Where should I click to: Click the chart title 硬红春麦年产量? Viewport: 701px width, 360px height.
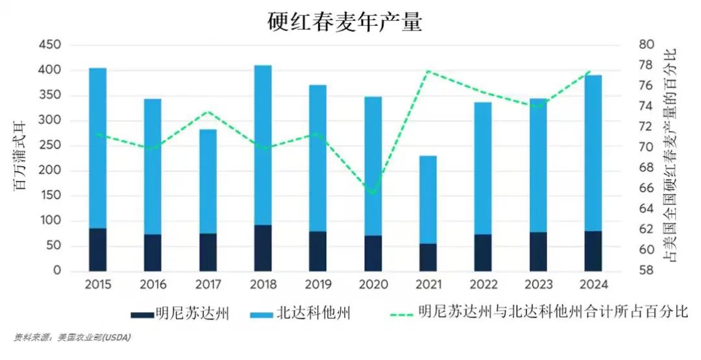pos(345,21)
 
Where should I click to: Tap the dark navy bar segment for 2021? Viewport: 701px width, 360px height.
pos(428,257)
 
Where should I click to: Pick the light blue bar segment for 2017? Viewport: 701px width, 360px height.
pos(208,181)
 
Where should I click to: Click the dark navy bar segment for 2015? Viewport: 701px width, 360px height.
pos(97,249)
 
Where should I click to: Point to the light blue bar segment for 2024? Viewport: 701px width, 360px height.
pos(593,152)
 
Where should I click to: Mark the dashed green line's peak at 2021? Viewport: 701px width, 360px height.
pos(428,71)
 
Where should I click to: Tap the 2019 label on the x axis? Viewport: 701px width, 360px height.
pos(318,285)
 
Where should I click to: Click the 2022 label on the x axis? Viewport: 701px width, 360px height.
pos(483,285)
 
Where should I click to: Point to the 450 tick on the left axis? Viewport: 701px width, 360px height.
pos(49,45)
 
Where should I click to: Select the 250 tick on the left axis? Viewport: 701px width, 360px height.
pos(49,146)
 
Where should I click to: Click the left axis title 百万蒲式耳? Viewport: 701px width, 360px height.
pos(20,158)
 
